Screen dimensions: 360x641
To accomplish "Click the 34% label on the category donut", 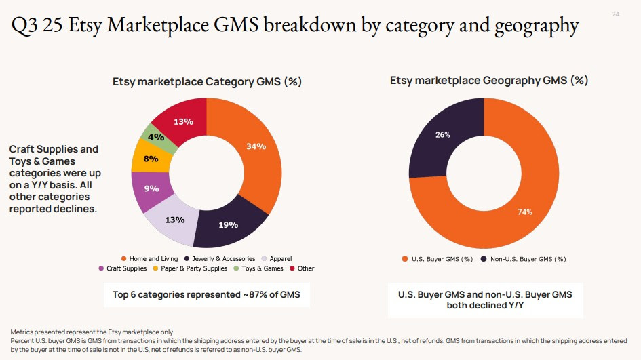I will [x=256, y=146].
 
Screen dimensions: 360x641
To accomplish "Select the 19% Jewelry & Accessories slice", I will [x=228, y=224].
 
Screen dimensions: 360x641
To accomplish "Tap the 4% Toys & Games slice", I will [x=156, y=137].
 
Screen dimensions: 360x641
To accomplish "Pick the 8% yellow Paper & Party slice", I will [x=151, y=159].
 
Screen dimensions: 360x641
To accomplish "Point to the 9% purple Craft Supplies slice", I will [x=151, y=189].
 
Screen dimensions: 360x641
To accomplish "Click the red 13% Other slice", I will [x=182, y=121].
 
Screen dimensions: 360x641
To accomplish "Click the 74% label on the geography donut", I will [x=524, y=212].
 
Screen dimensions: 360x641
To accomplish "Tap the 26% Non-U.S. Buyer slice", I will [x=442, y=134].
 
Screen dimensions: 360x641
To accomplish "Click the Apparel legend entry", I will [x=280, y=259].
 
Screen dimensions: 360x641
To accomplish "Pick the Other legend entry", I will [x=305, y=268].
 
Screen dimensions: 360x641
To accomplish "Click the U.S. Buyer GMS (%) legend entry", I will [x=442, y=259].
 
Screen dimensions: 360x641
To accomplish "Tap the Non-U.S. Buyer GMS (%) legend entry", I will [x=527, y=259].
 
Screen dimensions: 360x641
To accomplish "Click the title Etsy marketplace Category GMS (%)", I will [x=206, y=81].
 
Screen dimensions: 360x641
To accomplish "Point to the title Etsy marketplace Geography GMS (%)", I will [x=488, y=80].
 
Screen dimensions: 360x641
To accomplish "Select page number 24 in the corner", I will [x=615, y=14].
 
